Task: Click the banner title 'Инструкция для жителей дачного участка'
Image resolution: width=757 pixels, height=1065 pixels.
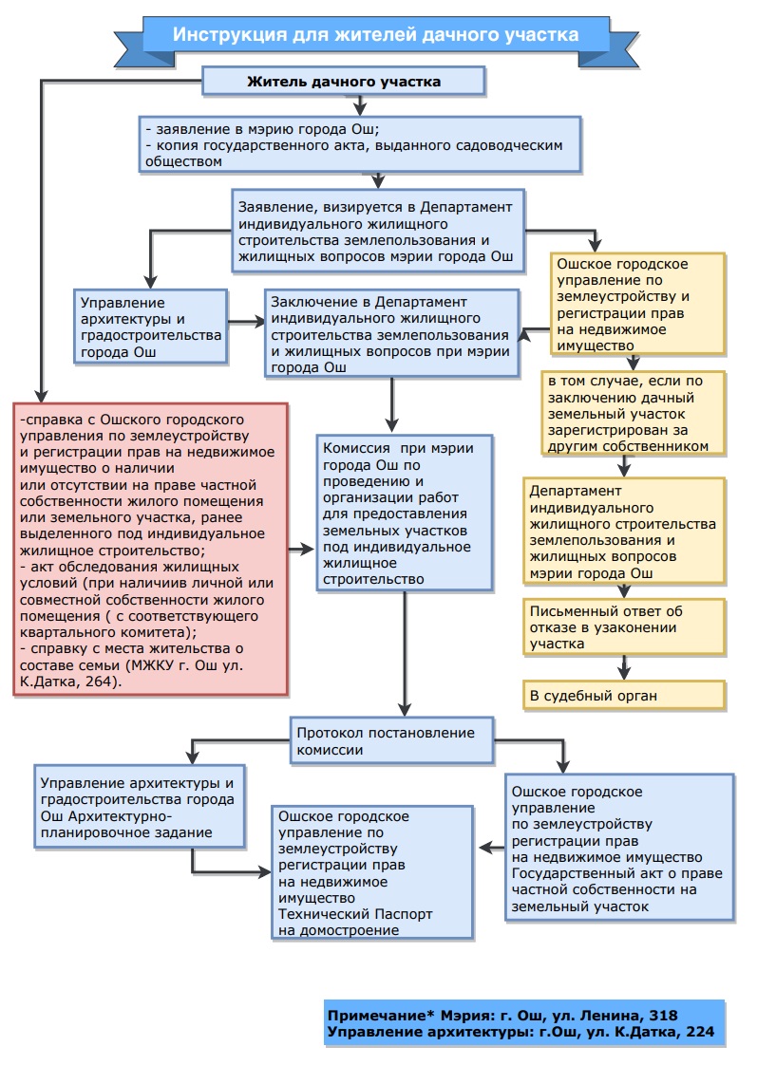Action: point(376,34)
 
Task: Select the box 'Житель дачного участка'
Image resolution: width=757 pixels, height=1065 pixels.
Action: point(344,81)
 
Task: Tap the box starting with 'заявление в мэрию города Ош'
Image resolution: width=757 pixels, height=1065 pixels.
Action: point(360,144)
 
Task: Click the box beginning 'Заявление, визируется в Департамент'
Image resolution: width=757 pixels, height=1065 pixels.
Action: point(378,232)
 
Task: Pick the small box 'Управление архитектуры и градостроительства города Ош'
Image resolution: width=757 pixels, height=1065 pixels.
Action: point(150,327)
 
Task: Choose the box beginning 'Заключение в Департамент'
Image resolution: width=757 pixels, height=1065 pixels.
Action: point(392,333)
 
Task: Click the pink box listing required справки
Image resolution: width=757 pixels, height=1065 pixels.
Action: point(151,550)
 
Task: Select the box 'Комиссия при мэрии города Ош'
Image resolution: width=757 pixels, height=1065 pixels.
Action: point(405,513)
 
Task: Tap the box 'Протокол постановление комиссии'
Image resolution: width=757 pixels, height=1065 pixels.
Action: point(392,741)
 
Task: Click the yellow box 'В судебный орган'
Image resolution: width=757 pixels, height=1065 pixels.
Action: point(624,696)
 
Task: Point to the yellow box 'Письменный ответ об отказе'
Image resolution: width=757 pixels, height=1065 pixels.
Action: point(624,626)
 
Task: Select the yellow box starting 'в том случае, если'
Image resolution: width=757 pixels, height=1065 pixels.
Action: point(634,413)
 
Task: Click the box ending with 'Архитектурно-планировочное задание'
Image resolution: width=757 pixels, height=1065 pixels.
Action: point(140,807)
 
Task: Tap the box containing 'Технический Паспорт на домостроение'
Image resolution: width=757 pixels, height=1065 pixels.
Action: point(372,872)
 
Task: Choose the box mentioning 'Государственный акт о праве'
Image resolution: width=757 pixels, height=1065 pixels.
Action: point(619,848)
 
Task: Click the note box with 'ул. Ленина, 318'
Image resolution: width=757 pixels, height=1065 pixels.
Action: point(524,1023)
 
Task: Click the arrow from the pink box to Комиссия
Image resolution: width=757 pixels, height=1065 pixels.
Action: point(301,549)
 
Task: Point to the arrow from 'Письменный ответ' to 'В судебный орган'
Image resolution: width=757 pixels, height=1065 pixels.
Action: point(624,667)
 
